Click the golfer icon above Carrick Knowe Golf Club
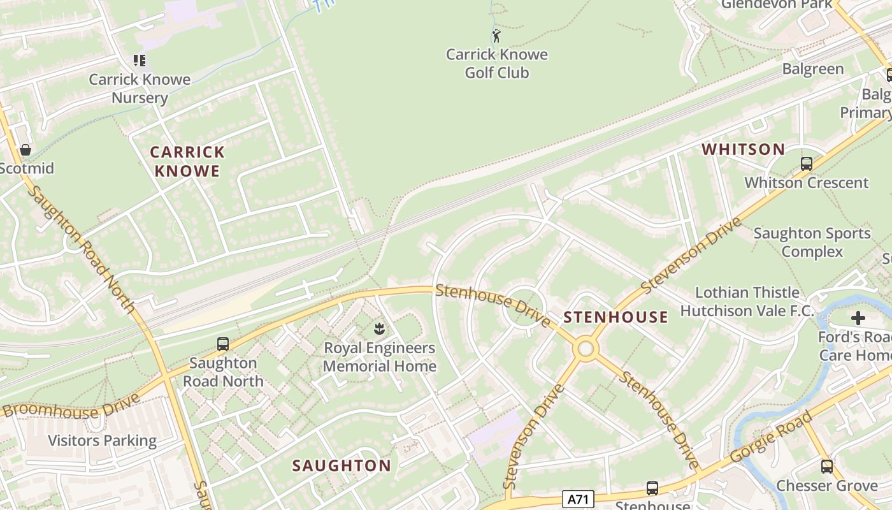coord(496,36)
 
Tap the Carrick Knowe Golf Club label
coord(496,63)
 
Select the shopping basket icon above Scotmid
coord(25,150)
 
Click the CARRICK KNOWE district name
coord(187,161)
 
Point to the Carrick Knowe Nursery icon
coord(140,61)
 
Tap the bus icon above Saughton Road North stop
coord(223,344)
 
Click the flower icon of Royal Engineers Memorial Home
coord(380,329)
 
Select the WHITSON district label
coord(743,150)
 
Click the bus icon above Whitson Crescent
coord(807,164)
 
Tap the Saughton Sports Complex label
coord(812,242)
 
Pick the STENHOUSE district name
coord(615,317)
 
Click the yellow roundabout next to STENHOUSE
coord(585,349)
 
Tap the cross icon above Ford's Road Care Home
coord(858,317)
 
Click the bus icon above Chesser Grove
coord(826,467)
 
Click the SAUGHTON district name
coord(342,465)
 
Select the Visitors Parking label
coord(102,441)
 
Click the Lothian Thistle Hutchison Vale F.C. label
coord(747,302)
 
